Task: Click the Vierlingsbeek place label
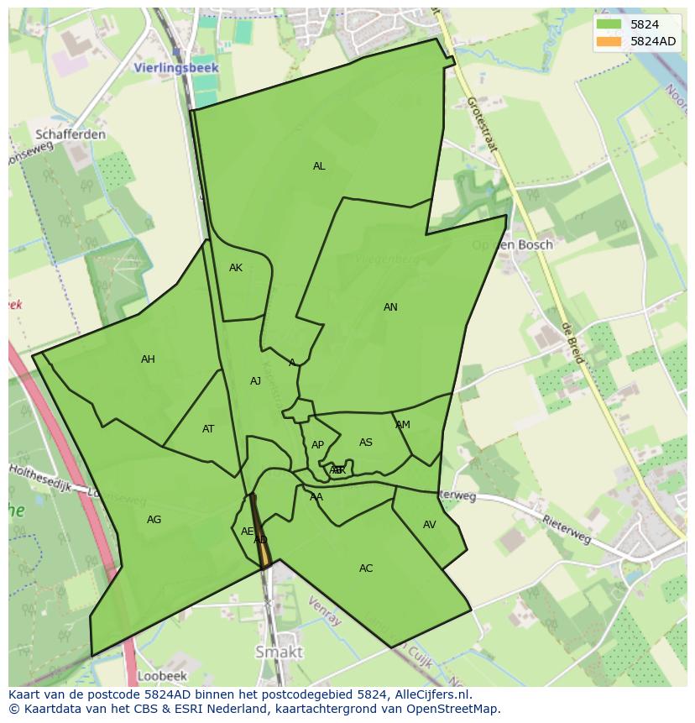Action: coord(176,68)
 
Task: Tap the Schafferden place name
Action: coord(71,134)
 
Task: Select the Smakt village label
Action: coord(279,652)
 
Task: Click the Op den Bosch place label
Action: coord(512,245)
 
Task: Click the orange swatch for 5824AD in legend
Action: coord(609,41)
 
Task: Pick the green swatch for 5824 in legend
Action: coord(609,24)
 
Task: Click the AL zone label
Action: coord(319,166)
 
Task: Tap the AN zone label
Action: coord(390,307)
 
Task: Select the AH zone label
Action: coord(148,359)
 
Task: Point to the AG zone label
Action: coord(154,520)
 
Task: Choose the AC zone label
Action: coord(366,568)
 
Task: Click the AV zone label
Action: coord(429,525)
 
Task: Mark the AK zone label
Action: coord(235,268)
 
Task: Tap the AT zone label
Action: coord(208,429)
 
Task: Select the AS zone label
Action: coord(366,443)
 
